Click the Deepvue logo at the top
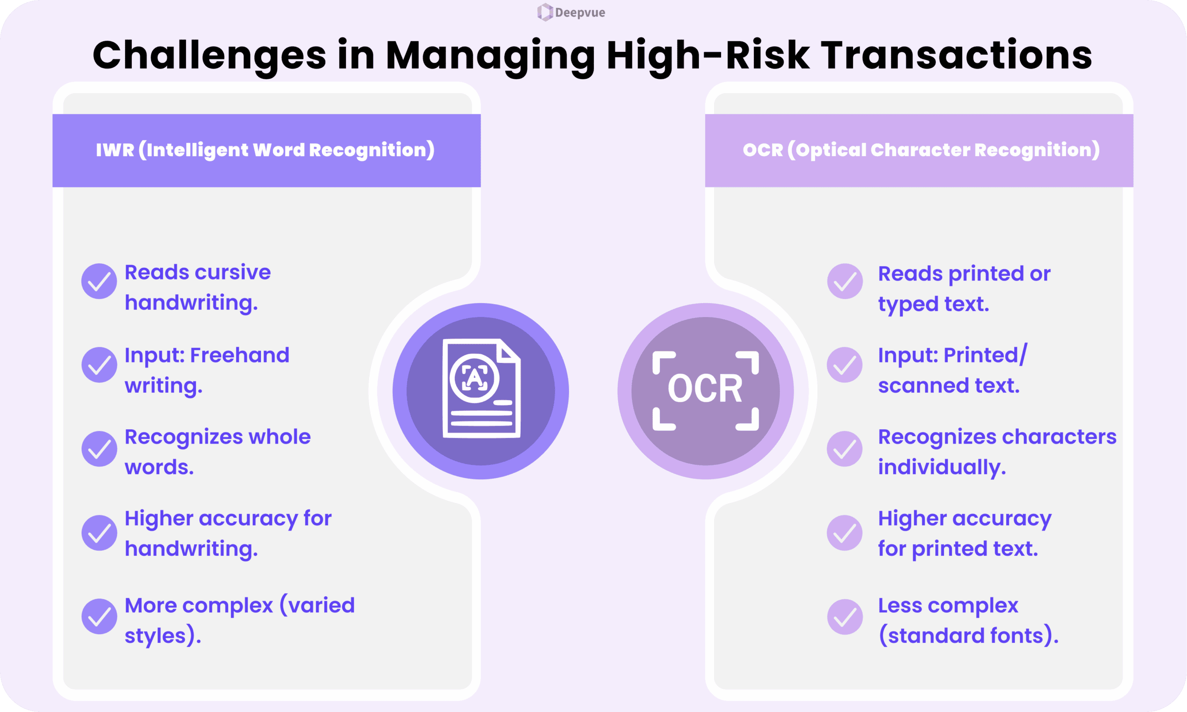click(571, 13)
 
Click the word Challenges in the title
click(209, 56)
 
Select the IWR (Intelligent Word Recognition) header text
click(265, 150)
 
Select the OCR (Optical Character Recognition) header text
click(921, 150)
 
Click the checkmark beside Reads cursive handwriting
click(99, 281)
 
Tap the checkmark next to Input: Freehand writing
click(99, 365)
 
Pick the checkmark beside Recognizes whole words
click(99, 449)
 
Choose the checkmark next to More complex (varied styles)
click(99, 617)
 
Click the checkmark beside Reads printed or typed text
click(845, 281)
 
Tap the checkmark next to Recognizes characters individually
click(845, 449)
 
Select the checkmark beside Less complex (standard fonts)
click(845, 617)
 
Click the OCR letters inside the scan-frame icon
click(705, 388)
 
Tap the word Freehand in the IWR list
click(239, 356)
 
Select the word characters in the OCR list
click(1059, 437)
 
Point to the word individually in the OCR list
click(941, 467)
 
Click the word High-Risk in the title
click(708, 56)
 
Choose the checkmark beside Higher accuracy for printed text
click(845, 533)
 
